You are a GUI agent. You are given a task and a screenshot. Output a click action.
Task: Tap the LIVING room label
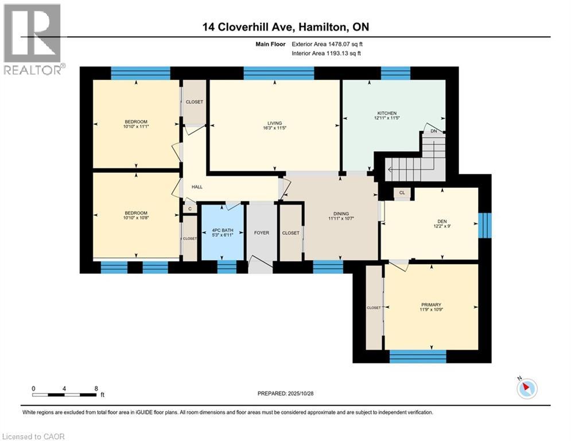tap(275, 122)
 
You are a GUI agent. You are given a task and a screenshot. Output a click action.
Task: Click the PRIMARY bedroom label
tap(430, 305)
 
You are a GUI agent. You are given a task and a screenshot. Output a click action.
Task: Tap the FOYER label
tap(262, 233)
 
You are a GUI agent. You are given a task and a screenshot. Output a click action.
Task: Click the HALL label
tap(197, 187)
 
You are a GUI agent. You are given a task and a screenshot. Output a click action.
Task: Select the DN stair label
tap(434, 130)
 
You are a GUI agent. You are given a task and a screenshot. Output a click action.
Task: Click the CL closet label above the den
tap(402, 193)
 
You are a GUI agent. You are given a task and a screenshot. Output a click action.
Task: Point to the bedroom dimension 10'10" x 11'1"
tap(136, 127)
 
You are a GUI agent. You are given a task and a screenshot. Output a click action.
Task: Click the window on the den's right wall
tap(485, 225)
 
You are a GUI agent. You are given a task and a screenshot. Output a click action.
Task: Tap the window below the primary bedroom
tap(418, 356)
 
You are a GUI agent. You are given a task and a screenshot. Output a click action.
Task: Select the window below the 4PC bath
tap(227, 267)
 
